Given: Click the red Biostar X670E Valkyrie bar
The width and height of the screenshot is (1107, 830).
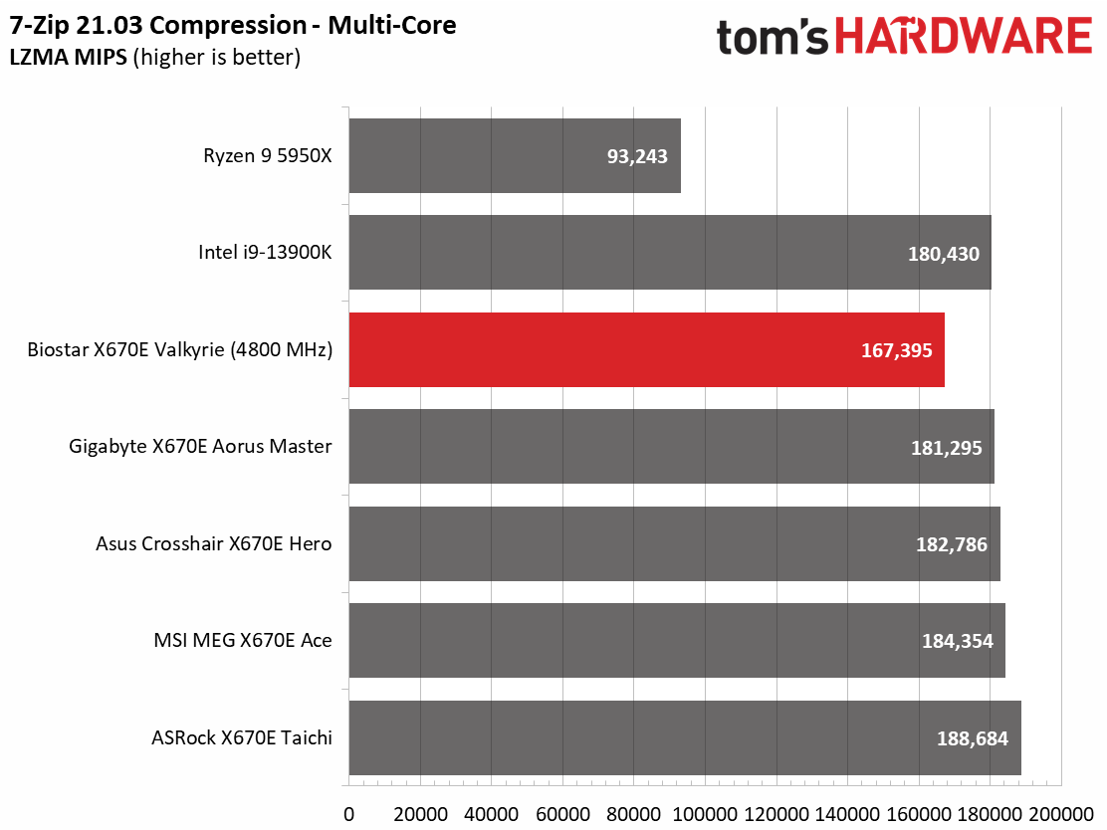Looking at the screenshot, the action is pyautogui.click(x=647, y=350).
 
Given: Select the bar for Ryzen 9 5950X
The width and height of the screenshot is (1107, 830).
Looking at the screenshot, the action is pyautogui.click(x=515, y=155).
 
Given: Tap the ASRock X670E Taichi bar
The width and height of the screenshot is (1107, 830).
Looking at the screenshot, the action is pyautogui.click(x=685, y=737).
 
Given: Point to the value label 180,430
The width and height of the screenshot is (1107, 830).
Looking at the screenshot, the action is pyautogui.click(x=943, y=254).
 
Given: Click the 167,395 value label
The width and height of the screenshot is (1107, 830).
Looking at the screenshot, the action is pyautogui.click(x=897, y=350).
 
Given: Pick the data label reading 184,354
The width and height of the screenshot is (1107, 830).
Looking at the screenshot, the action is pyautogui.click(x=958, y=641).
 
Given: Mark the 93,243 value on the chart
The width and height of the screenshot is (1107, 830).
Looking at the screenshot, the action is pyautogui.click(x=637, y=156).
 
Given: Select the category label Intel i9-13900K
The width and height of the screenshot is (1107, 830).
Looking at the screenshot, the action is pyautogui.click(x=265, y=252).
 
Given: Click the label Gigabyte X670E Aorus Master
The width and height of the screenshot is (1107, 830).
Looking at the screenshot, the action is pyautogui.click(x=200, y=447).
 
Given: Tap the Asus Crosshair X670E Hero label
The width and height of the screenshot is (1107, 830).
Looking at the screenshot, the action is pyautogui.click(x=213, y=543).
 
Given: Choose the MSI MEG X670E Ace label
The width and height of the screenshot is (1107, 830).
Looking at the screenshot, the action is pyautogui.click(x=243, y=640).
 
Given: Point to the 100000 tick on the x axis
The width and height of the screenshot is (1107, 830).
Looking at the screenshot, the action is pyautogui.click(x=705, y=814).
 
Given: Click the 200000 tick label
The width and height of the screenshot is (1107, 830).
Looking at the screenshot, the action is pyautogui.click(x=1061, y=814).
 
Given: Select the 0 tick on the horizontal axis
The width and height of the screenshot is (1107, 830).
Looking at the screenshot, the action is pyautogui.click(x=348, y=814).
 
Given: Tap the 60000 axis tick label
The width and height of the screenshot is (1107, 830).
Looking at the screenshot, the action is pyautogui.click(x=562, y=814).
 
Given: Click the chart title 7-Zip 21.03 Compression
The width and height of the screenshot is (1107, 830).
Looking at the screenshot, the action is pyautogui.click(x=158, y=26).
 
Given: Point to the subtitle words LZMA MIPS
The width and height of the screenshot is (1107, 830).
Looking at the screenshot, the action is pyautogui.click(x=68, y=57).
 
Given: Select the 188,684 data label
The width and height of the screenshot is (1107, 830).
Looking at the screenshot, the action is pyautogui.click(x=973, y=738).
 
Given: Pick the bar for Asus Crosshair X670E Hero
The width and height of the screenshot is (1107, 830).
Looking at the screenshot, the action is pyautogui.click(x=674, y=543).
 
